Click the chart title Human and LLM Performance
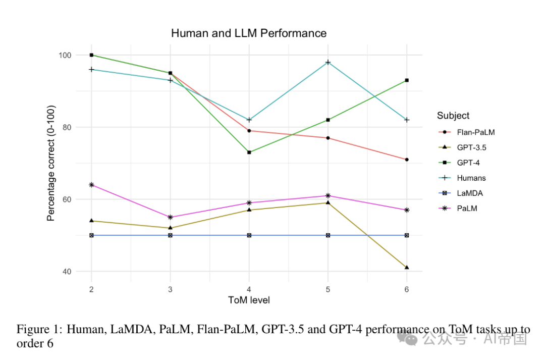[x=249, y=33]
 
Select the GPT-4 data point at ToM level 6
[x=407, y=80]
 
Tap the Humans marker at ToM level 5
[x=328, y=62]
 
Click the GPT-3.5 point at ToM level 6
[x=407, y=267]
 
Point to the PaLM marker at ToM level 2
[x=91, y=185]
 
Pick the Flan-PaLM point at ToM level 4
[x=249, y=131]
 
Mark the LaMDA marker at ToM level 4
[x=249, y=235]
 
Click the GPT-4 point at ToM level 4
[x=249, y=152]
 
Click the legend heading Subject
[x=453, y=116]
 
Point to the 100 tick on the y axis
[x=66, y=55]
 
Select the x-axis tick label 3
[x=170, y=289]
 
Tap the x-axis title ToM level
[x=249, y=300]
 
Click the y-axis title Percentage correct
[x=50, y=164]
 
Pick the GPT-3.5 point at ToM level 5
[x=328, y=203]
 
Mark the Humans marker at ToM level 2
[x=91, y=69]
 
